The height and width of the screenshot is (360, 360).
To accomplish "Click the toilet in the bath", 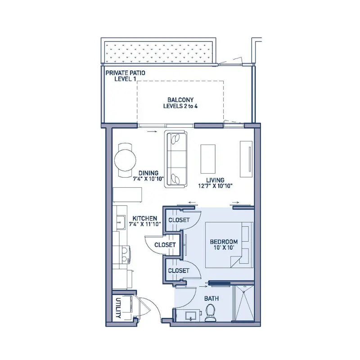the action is [x=210, y=313].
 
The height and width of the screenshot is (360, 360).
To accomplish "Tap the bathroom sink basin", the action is [x=190, y=316].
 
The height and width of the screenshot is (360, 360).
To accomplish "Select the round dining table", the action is [x=125, y=160].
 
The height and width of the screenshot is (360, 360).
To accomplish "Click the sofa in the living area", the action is [x=175, y=159].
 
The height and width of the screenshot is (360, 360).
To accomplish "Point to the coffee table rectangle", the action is [x=208, y=159].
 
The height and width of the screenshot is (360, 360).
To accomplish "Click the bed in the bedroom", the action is [x=229, y=245].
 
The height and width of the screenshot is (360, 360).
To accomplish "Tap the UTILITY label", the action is [x=118, y=308].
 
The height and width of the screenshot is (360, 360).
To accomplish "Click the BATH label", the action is [x=211, y=298].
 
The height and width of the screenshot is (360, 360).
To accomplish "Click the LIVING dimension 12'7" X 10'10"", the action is [x=216, y=186].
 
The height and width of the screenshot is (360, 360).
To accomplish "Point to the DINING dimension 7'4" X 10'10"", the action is [x=148, y=179].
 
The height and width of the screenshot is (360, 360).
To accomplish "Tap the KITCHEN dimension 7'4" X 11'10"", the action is [x=145, y=224].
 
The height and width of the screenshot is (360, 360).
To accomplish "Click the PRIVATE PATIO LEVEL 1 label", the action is [x=126, y=76].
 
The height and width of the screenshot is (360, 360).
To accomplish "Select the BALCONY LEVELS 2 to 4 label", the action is [x=180, y=103].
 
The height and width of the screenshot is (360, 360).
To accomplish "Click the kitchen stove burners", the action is [x=125, y=254].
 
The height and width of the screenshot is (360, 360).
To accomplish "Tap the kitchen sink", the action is [x=120, y=222].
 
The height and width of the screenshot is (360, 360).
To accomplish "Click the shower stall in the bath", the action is [x=243, y=303].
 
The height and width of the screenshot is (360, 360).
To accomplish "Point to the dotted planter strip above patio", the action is [x=158, y=52].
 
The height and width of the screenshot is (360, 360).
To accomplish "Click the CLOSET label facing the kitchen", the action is [x=165, y=245].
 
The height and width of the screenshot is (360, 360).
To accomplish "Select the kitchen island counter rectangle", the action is [x=127, y=195].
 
